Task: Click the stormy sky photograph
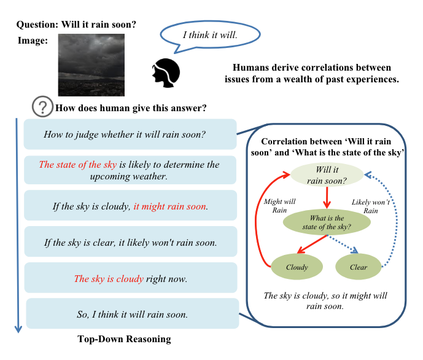(x=91, y=65)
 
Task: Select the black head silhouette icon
(x=166, y=73)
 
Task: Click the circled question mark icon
(x=42, y=107)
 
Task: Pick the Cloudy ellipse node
(x=297, y=267)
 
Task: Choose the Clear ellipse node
(x=359, y=267)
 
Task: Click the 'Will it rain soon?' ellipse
(x=327, y=174)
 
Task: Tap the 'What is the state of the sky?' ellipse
(x=327, y=222)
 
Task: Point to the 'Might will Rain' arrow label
(x=279, y=206)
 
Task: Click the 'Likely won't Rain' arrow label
(x=371, y=206)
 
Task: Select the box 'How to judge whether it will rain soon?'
(x=130, y=134)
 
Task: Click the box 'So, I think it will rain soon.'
(x=133, y=313)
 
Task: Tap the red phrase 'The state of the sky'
(x=78, y=165)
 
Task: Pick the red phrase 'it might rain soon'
(x=170, y=206)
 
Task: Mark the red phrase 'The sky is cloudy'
(x=109, y=278)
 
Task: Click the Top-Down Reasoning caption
(x=124, y=338)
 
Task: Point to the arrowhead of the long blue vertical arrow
(x=18, y=330)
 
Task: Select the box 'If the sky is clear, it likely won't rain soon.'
(x=131, y=241)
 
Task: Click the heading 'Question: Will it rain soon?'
(x=76, y=25)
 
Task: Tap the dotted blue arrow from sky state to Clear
(x=343, y=244)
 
